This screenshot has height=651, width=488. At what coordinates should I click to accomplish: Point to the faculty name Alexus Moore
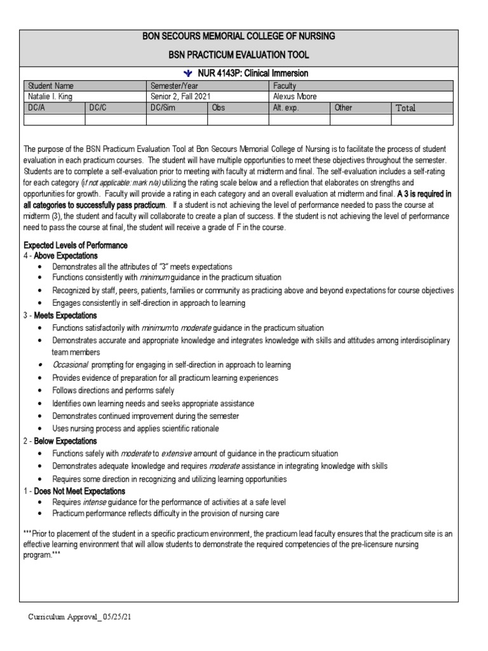pyautogui.click(x=295, y=97)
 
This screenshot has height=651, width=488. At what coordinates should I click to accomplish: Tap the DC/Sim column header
pyautogui.click(x=163, y=108)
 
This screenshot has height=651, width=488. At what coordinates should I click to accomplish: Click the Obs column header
pyautogui.click(x=219, y=108)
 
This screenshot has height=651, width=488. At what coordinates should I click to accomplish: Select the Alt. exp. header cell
pyautogui.click(x=286, y=108)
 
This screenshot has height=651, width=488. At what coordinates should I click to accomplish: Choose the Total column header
pyautogui.click(x=405, y=108)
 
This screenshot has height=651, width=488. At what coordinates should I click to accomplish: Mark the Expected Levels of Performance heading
pyautogui.click(x=76, y=245)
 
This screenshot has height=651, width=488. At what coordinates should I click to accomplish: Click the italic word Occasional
pyautogui.click(x=71, y=365)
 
